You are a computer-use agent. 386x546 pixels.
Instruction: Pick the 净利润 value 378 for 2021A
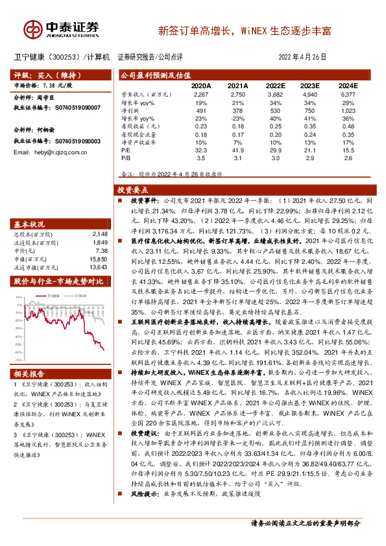(x=239, y=111)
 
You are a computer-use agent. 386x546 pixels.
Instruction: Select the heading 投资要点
(x=132, y=190)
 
